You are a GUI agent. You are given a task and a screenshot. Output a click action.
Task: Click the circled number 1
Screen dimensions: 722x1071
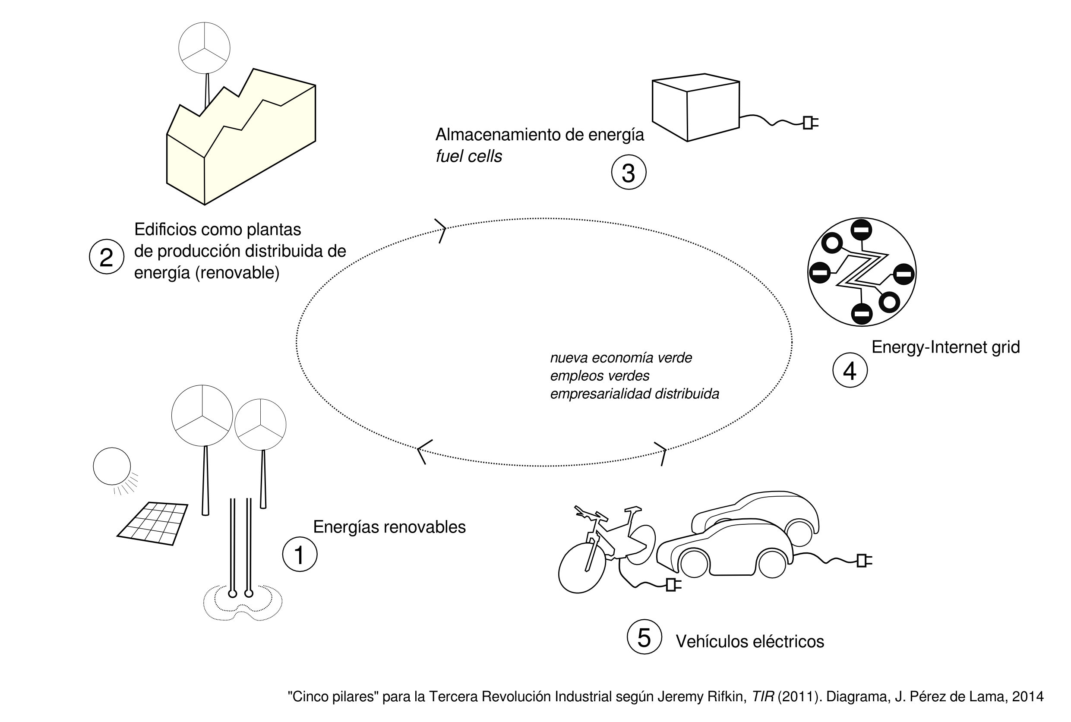tap(300, 555)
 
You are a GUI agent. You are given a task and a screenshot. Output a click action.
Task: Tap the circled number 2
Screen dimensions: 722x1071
tap(106, 257)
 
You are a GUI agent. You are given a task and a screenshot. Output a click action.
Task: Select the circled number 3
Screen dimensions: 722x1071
tap(629, 172)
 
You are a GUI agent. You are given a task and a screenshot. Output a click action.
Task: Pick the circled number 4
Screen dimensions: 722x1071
tap(850, 370)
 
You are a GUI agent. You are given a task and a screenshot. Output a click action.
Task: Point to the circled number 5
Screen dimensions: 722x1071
tap(644, 637)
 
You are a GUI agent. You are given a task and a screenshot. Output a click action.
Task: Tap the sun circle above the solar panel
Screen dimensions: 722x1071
tap(112, 466)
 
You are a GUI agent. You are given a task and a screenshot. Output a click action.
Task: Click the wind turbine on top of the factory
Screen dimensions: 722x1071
tap(204, 48)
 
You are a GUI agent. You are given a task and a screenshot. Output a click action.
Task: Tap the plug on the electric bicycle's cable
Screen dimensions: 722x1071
tap(672, 585)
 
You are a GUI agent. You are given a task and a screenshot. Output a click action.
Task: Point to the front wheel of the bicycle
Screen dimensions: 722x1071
tap(581, 568)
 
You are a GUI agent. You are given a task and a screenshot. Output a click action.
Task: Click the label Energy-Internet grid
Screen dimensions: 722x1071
tap(945, 347)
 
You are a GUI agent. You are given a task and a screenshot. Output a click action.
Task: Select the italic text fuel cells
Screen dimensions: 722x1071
tap(469, 157)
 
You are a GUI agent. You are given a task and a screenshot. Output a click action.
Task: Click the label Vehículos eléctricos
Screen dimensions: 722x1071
tap(749, 641)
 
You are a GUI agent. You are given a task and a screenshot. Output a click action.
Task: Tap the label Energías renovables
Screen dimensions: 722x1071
tap(389, 527)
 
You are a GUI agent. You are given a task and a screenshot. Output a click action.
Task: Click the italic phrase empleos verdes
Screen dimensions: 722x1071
tap(600, 376)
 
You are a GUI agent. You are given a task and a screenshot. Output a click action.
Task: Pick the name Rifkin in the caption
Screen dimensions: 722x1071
tap(729, 697)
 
